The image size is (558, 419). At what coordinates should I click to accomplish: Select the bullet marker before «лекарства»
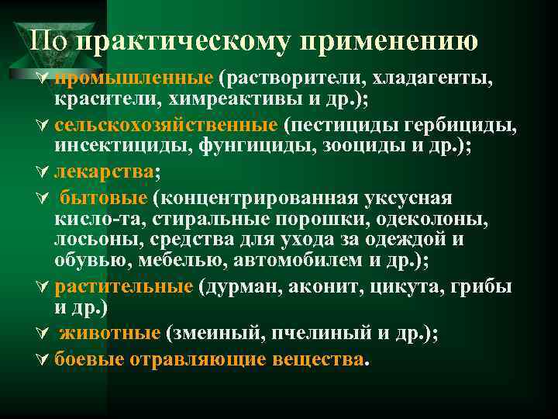tap(42, 172)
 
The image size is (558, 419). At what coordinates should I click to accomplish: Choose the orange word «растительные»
tap(124, 286)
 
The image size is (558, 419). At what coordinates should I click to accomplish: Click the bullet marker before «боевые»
tap(42, 358)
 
